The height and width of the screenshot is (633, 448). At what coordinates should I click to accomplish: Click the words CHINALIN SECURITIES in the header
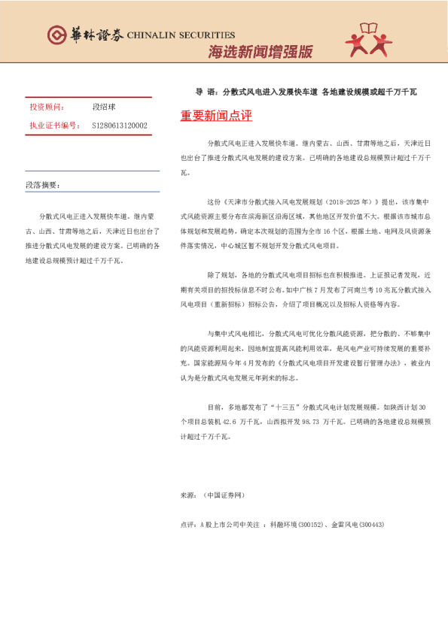pos(181,35)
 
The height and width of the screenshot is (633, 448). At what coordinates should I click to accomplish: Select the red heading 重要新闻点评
pos(216,116)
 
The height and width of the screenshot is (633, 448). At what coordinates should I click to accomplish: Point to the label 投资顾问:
pos(47,108)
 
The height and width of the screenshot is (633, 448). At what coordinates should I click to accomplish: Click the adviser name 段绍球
pos(102,108)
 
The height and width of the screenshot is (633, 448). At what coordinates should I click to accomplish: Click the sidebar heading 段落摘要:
pos(43,184)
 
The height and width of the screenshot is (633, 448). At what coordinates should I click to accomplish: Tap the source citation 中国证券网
pos(224,496)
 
